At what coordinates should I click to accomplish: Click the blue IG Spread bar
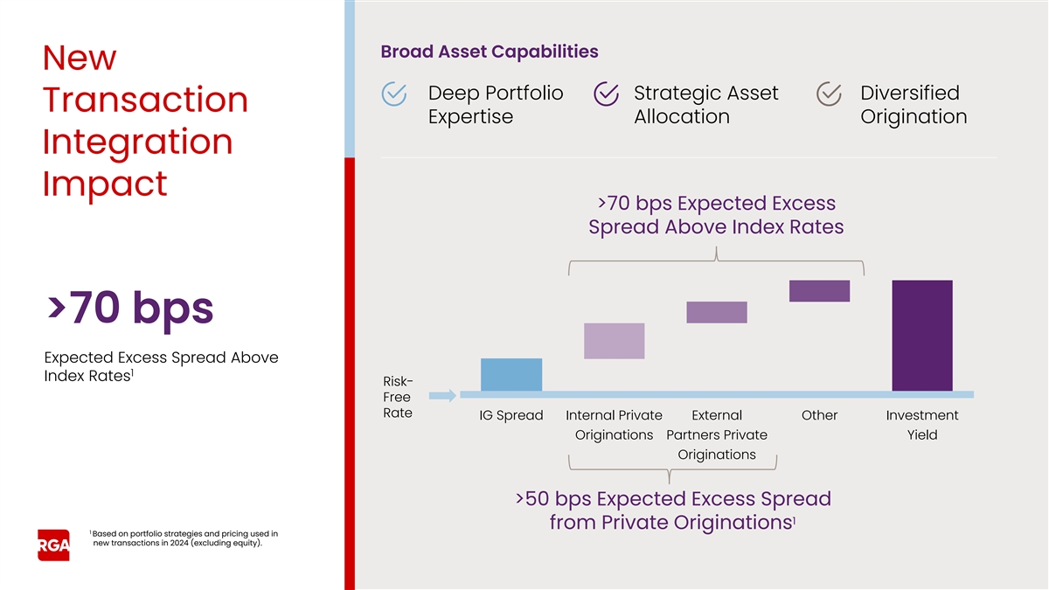point(511,374)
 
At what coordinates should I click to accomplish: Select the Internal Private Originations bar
point(614,341)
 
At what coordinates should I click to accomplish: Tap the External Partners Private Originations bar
point(717,312)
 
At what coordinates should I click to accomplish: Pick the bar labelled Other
point(819,291)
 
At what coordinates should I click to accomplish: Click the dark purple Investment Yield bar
point(922,336)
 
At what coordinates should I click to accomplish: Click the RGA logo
point(53,545)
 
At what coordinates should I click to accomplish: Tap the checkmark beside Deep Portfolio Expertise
point(395,94)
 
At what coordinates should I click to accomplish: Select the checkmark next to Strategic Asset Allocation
point(606,94)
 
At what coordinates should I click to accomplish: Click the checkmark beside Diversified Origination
point(829,94)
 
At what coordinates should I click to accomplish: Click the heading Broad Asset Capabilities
point(490,52)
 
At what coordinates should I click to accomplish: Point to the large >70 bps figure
point(129,308)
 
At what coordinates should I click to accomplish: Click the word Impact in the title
point(105,184)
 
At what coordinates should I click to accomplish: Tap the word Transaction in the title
point(145,100)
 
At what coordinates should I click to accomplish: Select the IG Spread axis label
point(511,415)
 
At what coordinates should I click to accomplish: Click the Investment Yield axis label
point(922,425)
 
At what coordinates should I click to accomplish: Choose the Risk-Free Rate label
point(398,397)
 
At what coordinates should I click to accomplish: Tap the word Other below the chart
point(819,415)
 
